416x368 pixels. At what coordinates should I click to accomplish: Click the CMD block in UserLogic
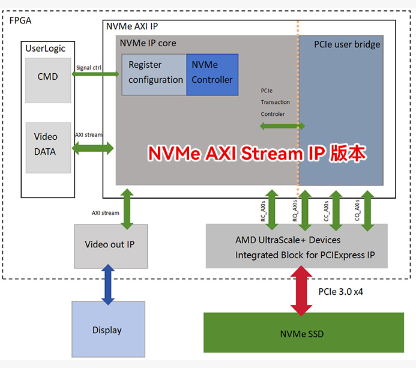click(47, 77)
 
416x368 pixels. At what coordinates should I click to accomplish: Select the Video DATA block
click(45, 144)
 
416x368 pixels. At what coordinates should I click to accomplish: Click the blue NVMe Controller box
click(212, 73)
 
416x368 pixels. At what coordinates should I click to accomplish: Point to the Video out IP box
click(111, 245)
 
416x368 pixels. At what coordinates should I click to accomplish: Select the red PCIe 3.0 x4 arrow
click(301, 291)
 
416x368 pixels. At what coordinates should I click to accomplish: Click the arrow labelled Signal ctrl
click(95, 74)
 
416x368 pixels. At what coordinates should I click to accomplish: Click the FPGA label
click(20, 20)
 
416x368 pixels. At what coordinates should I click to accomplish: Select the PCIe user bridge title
click(347, 44)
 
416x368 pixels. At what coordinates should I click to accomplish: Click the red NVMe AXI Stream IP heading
click(257, 154)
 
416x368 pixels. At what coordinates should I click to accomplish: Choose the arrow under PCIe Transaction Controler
click(282, 126)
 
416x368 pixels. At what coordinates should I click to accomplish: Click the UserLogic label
click(46, 48)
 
